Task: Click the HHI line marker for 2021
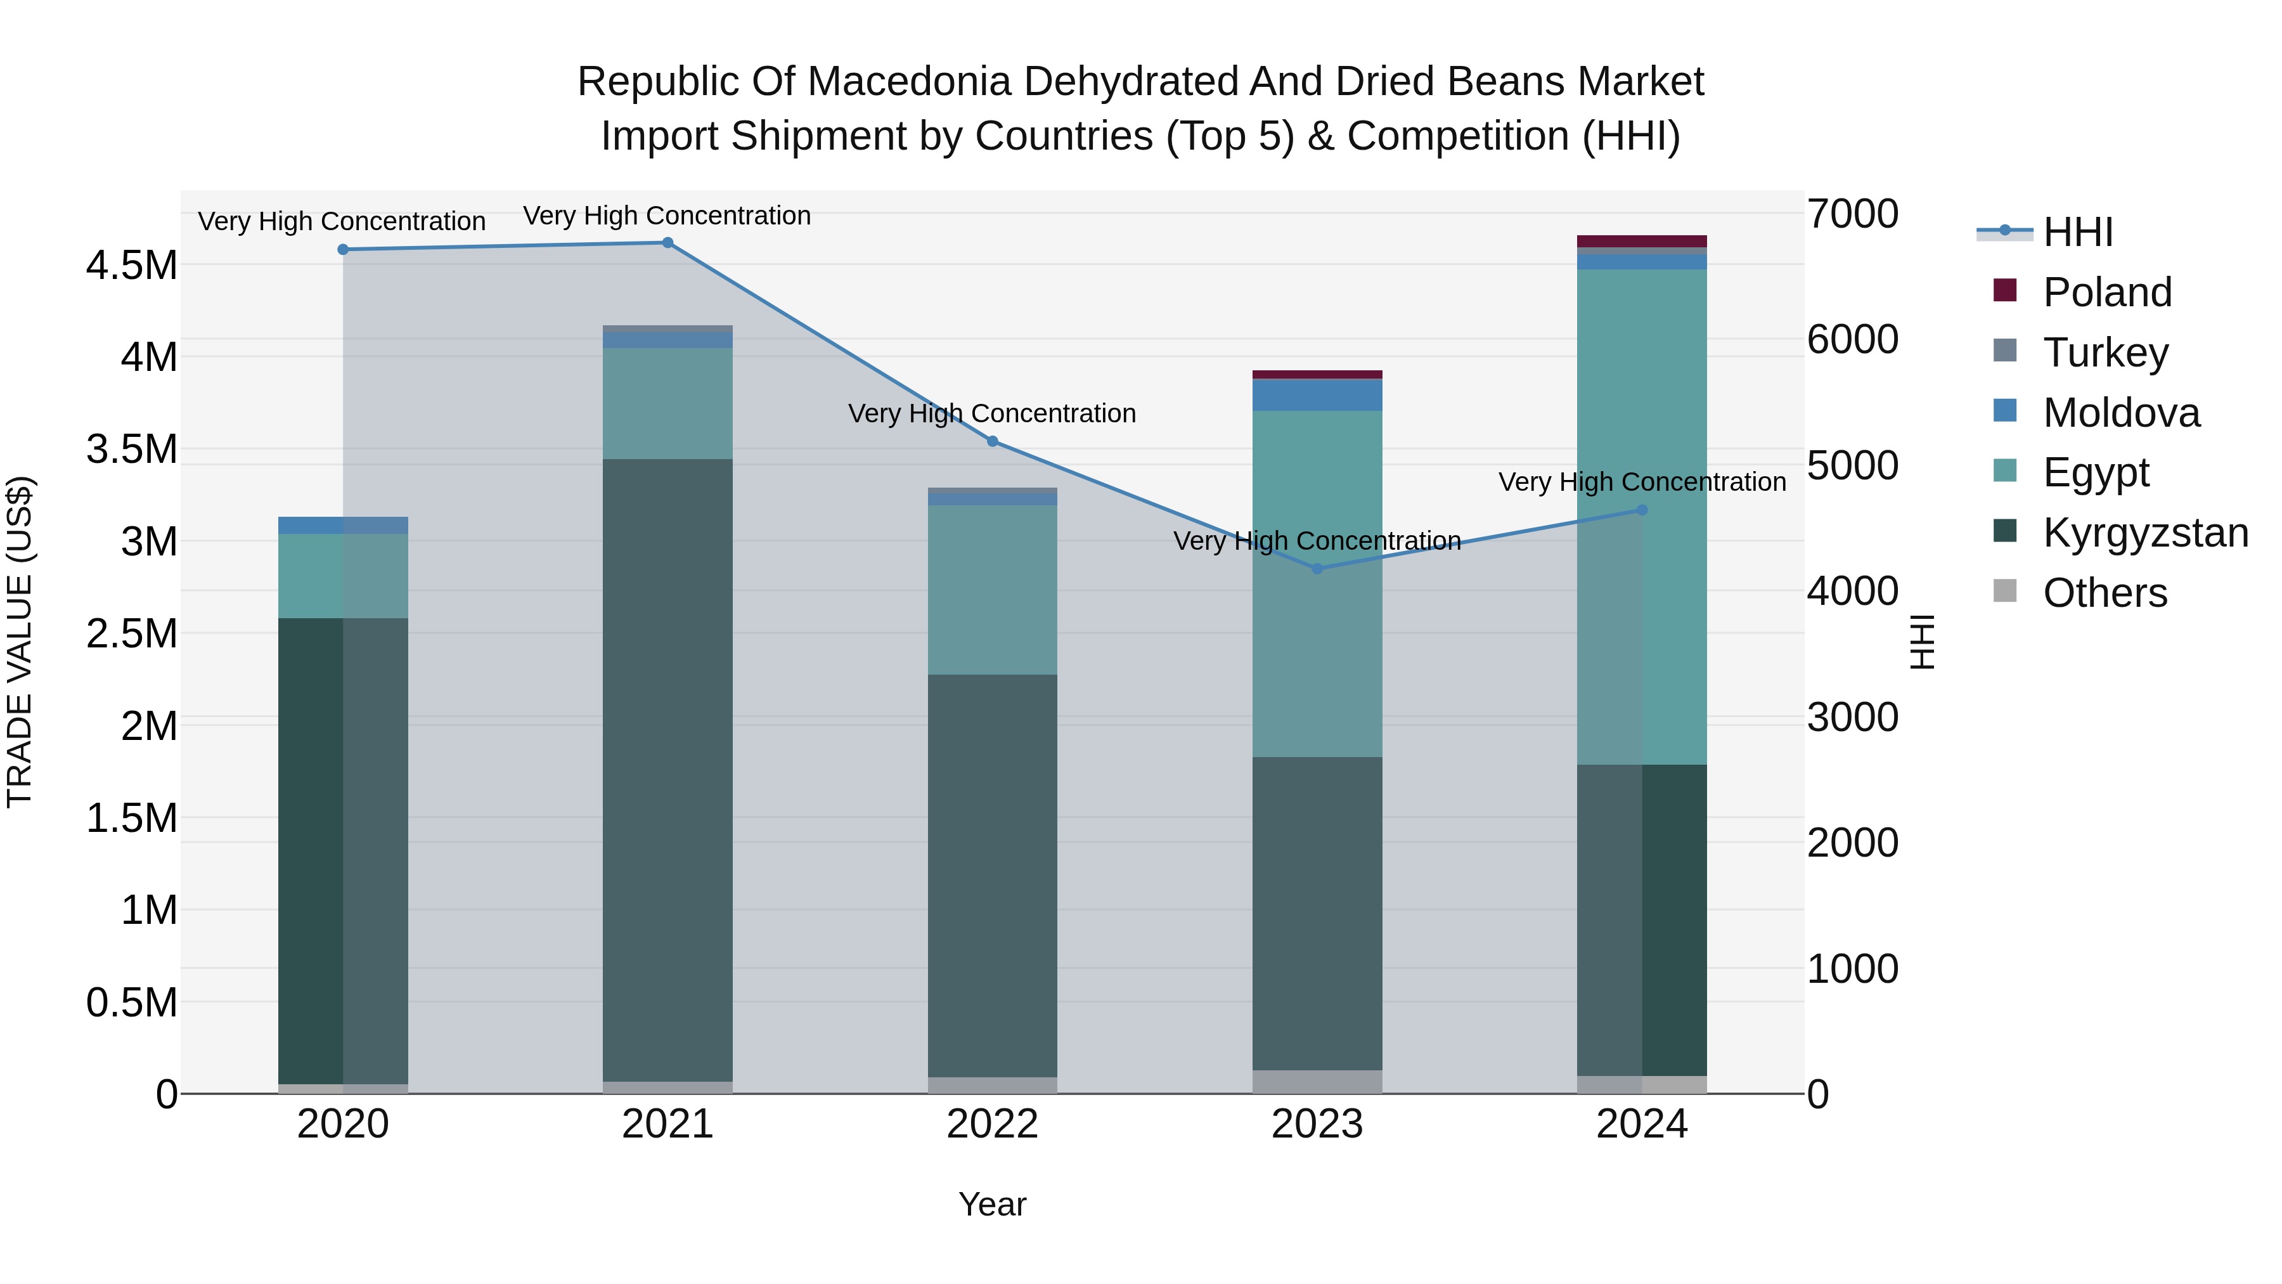pos(668,243)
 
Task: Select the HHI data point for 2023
pos(1317,569)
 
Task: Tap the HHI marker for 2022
pos(992,441)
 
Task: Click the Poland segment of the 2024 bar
pos(1642,241)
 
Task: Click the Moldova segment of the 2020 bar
pos(343,526)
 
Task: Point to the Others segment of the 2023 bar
pos(1317,1082)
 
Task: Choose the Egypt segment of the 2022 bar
pos(992,590)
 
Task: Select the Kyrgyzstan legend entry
pos(2144,533)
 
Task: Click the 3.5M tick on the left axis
pos(131,450)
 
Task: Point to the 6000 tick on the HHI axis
pos(1852,339)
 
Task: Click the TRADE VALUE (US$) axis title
pos(20,642)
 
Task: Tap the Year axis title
pos(992,1204)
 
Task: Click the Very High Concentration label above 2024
pos(1642,482)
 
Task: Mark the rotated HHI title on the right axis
pos(1923,642)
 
